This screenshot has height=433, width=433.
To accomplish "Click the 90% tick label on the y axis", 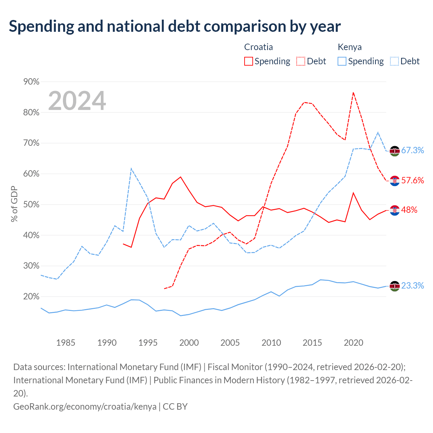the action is (x=31, y=82).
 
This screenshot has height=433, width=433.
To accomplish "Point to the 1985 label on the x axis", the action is (x=66, y=343).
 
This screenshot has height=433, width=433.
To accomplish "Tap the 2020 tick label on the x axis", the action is (x=354, y=343).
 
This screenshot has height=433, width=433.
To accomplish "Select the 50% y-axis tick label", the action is (x=31, y=205).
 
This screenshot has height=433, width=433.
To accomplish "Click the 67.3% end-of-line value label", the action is (x=413, y=150).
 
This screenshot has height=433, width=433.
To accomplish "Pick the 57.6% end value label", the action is (x=413, y=180).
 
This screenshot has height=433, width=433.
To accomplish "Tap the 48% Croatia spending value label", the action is (x=409, y=210).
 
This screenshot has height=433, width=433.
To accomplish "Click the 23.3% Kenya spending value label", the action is (x=413, y=286).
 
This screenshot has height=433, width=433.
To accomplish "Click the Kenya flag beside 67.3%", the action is (x=394, y=151).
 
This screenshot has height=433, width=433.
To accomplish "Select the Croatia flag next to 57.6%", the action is (x=394, y=181).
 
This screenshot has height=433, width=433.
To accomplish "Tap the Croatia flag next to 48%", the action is (x=394, y=210).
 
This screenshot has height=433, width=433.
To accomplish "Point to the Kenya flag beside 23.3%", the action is (x=394, y=286).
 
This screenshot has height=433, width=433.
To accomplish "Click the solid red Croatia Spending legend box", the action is (x=249, y=61).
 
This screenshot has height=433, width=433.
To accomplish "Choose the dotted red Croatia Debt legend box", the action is (x=301, y=61).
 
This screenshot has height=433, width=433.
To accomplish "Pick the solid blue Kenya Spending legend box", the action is (x=342, y=61).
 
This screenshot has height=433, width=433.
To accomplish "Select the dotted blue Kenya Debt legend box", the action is (x=394, y=61).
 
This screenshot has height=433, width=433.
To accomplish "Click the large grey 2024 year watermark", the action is (x=77, y=101).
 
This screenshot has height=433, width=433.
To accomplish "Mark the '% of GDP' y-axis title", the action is (x=14, y=204).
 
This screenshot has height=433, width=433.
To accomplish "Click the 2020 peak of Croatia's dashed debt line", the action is (x=354, y=92).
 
